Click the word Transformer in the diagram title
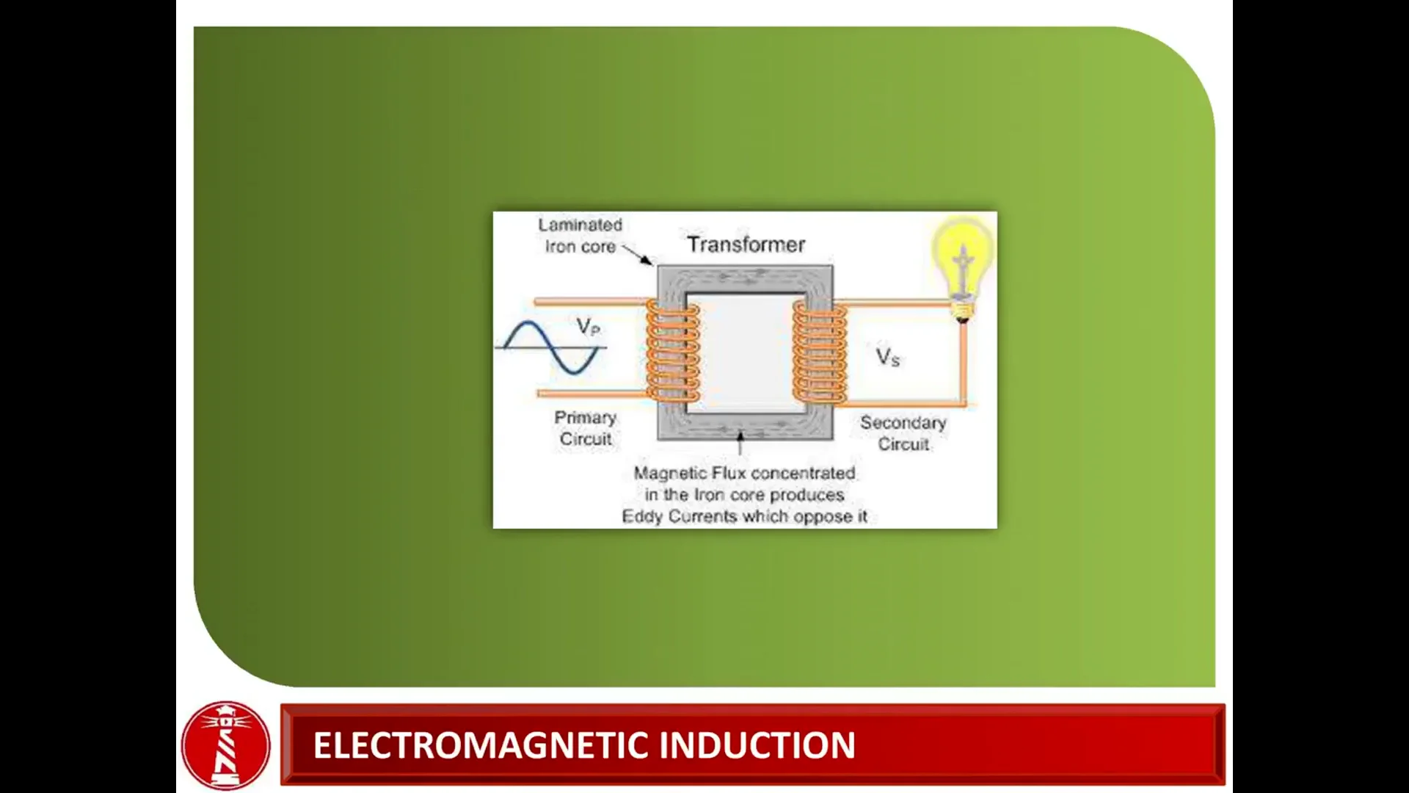pyautogui.click(x=746, y=245)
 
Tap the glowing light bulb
pyautogui.click(x=962, y=261)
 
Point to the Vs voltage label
pyautogui.click(x=887, y=358)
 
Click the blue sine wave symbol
pyautogui.click(x=552, y=347)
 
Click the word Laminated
pyautogui.click(x=580, y=225)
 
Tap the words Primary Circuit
pyautogui.click(x=585, y=427)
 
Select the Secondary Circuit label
pyautogui.click(x=903, y=433)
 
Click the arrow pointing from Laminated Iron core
pyautogui.click(x=637, y=254)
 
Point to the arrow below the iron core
pyautogui.click(x=740, y=443)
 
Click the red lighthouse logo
pyautogui.click(x=226, y=745)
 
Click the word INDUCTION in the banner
pyautogui.click(x=757, y=745)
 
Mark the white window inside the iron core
pyautogui.click(x=746, y=352)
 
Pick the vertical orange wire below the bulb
pyautogui.click(x=963, y=363)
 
